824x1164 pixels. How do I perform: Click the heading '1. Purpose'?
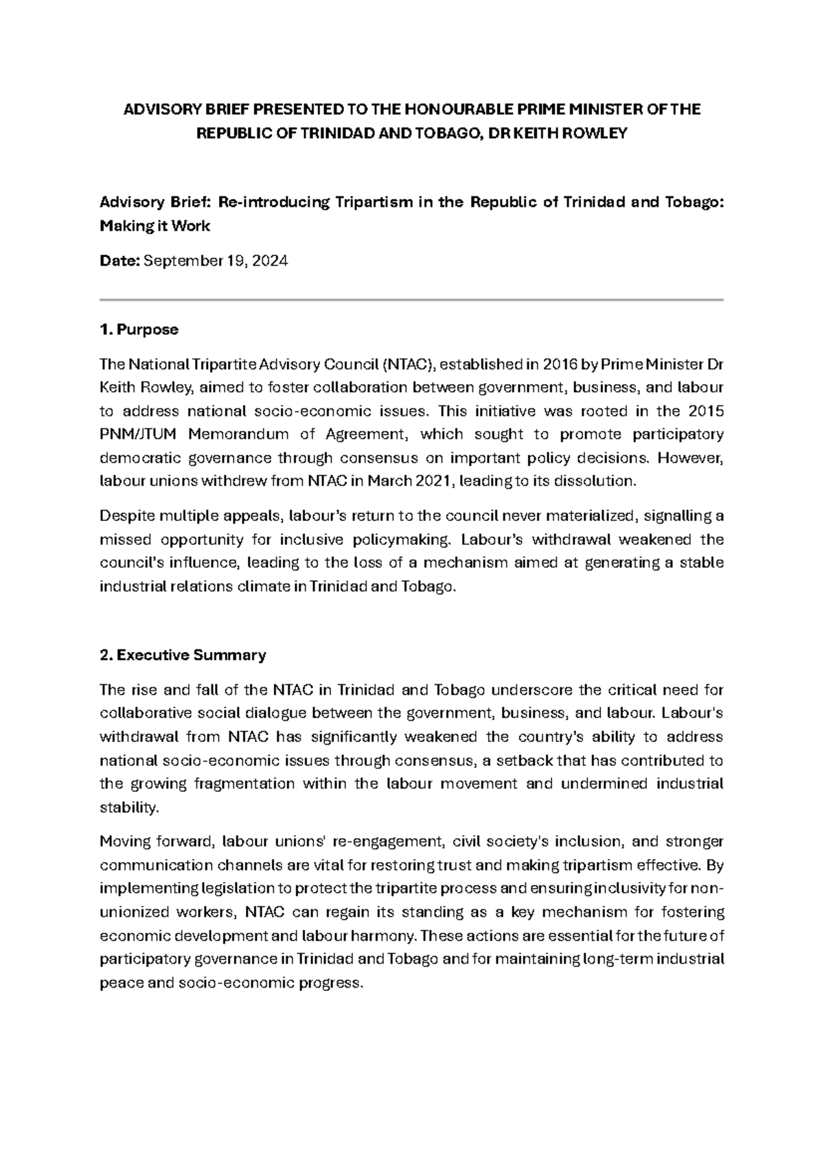coord(139,329)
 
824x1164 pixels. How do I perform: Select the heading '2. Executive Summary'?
coord(183,655)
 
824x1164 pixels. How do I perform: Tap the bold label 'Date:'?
coord(119,261)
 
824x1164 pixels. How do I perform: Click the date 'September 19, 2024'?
coord(215,261)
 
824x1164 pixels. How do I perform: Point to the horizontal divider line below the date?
coord(412,300)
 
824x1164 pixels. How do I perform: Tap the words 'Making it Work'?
coord(155,226)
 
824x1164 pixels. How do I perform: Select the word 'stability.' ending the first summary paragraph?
coord(129,808)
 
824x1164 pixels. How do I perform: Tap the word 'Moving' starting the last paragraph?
coord(123,842)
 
